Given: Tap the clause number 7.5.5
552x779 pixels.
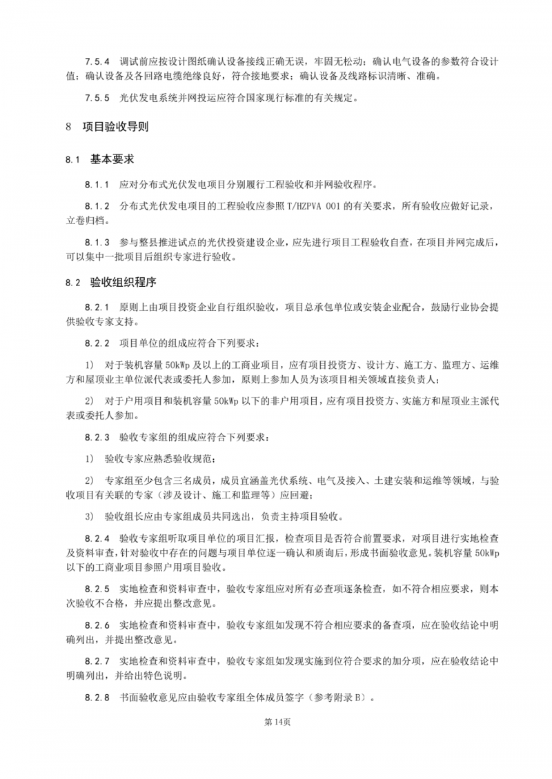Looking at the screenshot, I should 97,99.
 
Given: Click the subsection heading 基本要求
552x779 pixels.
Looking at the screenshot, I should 110,159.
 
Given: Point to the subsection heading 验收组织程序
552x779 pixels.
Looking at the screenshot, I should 119,282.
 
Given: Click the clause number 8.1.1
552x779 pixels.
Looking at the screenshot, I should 97,185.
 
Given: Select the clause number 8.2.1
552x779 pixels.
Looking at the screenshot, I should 97,306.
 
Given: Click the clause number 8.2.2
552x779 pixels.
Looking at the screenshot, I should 97,342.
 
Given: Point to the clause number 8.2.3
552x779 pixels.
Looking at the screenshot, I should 97,437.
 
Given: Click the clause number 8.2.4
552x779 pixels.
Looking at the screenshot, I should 97,536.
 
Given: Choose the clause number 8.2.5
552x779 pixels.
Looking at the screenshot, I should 97,589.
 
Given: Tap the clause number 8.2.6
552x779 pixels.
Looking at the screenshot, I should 97,625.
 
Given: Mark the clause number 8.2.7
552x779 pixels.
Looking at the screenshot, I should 97,661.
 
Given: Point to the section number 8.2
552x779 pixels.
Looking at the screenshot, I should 74,283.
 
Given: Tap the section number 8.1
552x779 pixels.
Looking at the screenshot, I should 74,160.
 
